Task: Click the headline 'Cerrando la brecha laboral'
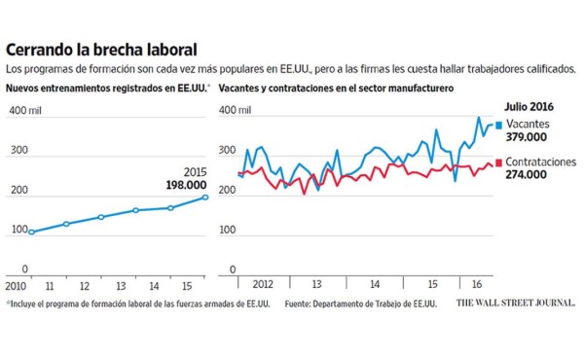(x=101, y=49)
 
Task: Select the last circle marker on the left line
(x=204, y=198)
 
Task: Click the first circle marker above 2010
(x=32, y=233)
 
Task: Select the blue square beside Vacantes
(x=498, y=125)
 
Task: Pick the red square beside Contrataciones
(x=498, y=162)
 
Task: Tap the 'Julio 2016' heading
(x=531, y=106)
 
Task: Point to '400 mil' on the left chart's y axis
(x=24, y=110)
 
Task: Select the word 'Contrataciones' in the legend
(x=541, y=162)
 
